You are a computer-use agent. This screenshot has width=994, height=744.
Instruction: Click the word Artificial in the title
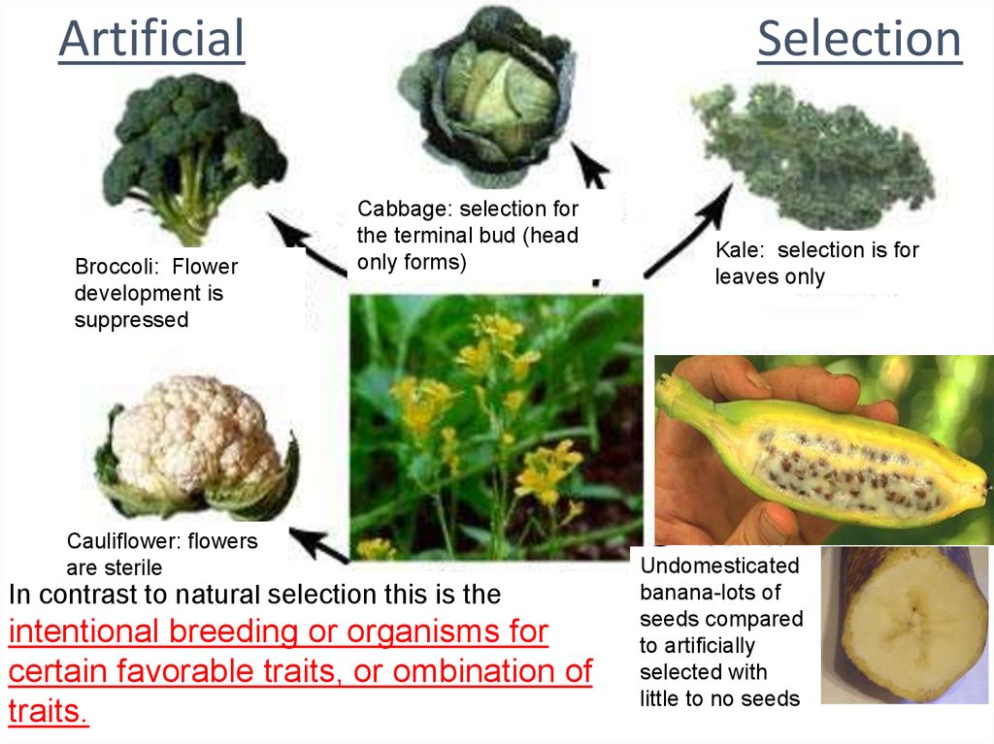coord(150,39)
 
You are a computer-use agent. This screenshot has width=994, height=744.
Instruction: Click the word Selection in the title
coord(858,39)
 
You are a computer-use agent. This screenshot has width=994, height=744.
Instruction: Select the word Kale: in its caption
coord(741,250)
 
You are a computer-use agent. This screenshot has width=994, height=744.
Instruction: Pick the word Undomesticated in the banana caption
coord(719,566)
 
